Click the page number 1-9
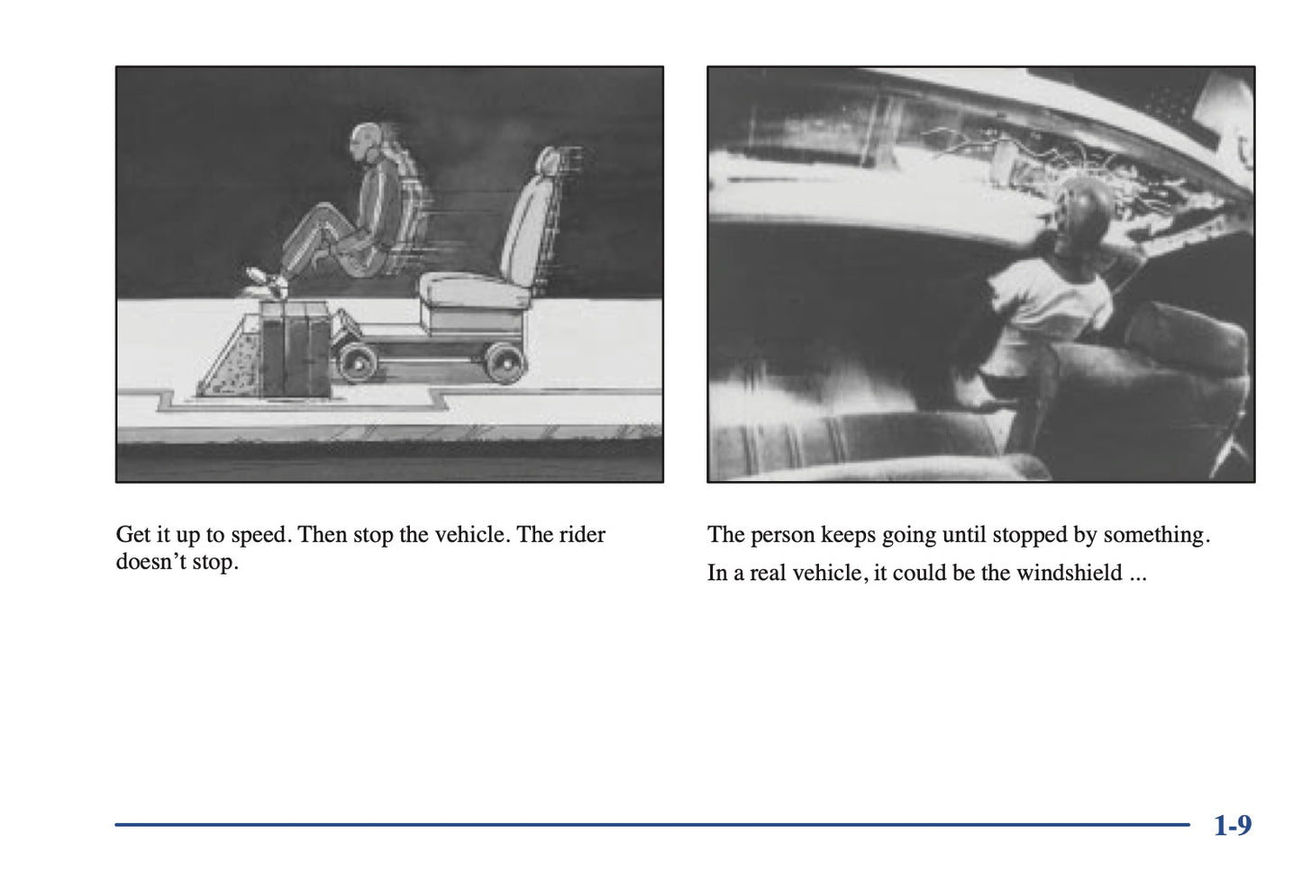(1233, 825)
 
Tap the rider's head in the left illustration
(365, 142)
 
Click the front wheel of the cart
(357, 363)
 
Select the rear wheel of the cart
(506, 363)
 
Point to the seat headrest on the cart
(549, 160)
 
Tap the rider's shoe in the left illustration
(266, 280)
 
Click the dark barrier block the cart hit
(296, 349)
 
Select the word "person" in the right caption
(782, 535)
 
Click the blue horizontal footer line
(652, 824)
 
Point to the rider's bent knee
(325, 209)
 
